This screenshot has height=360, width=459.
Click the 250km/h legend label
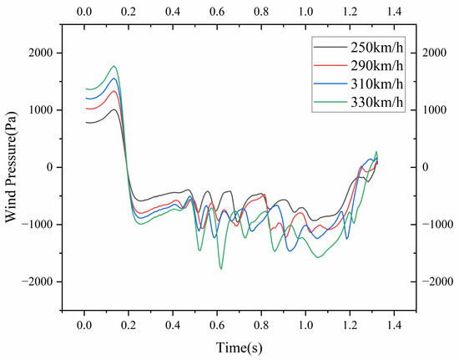377,47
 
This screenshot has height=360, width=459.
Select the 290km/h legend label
377,66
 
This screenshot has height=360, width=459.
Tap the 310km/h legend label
377,84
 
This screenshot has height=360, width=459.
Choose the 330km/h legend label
377,103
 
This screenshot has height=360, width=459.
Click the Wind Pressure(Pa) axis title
11,166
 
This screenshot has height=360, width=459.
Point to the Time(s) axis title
240,347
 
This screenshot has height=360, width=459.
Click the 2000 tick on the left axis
41,53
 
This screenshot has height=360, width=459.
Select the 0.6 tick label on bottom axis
217,326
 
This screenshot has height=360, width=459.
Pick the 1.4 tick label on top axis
394,12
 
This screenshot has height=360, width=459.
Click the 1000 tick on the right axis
434,110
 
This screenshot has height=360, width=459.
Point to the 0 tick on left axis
50,167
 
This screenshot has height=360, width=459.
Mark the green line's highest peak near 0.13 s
113,66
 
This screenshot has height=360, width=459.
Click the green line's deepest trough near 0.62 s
221,269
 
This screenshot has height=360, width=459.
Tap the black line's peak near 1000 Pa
113,109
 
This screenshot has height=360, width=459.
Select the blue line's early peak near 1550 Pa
113,79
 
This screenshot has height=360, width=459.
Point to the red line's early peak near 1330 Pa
113,91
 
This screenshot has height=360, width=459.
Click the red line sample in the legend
330,66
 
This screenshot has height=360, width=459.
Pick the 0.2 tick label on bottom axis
129,326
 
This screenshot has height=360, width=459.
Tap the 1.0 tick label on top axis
305,12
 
